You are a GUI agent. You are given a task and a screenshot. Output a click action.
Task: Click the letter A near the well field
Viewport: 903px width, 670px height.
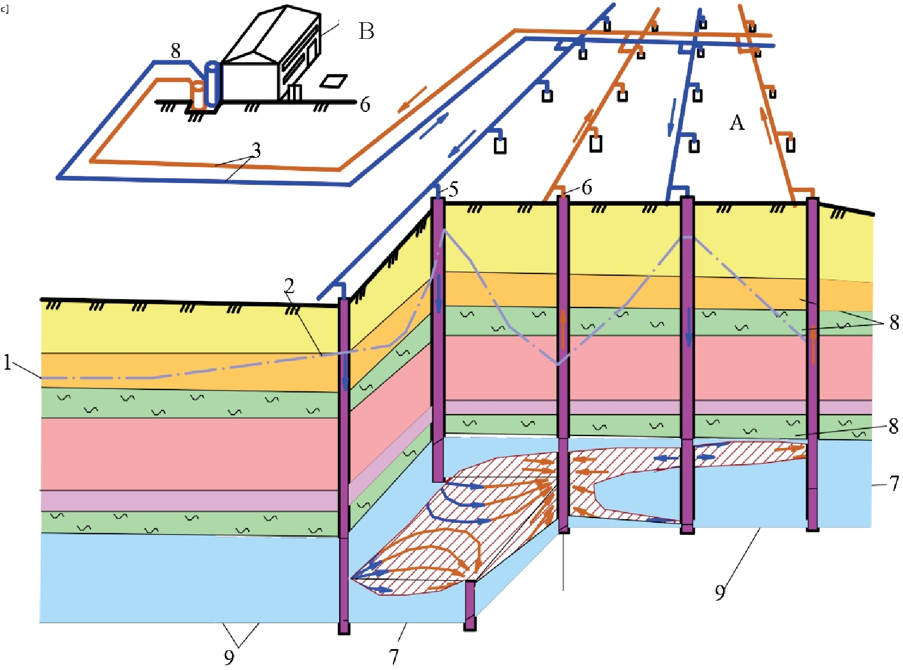737,123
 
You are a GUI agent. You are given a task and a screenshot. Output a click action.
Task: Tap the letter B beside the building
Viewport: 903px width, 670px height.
366,31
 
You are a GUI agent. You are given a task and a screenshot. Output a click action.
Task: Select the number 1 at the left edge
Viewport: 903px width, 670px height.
7,362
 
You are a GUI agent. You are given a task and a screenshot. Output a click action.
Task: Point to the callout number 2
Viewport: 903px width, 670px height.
289,286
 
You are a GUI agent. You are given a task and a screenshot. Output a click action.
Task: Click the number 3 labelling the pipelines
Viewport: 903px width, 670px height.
257,150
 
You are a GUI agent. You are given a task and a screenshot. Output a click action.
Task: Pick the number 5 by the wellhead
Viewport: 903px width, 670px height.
454,190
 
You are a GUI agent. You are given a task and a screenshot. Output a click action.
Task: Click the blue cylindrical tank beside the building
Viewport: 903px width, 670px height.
212,84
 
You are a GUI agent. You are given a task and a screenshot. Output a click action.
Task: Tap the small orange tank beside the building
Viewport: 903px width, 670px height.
197,95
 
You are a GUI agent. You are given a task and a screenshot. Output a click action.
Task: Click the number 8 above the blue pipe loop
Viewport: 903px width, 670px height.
175,51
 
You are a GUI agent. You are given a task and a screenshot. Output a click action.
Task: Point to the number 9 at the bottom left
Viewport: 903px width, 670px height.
229,657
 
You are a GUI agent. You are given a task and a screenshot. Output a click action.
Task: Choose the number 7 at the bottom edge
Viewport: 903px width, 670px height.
393,656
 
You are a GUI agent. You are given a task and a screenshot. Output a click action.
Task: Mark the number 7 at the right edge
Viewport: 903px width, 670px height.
894,483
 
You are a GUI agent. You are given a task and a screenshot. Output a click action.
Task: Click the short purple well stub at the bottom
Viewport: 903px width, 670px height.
470,605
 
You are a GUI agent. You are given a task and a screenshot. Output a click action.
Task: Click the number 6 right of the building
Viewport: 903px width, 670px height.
365,105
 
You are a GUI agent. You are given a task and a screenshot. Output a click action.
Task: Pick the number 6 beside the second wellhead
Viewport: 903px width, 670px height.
587,187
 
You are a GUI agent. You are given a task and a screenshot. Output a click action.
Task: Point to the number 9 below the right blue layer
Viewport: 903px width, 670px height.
720,592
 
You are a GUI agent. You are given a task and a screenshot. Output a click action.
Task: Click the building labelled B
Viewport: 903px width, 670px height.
269,60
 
